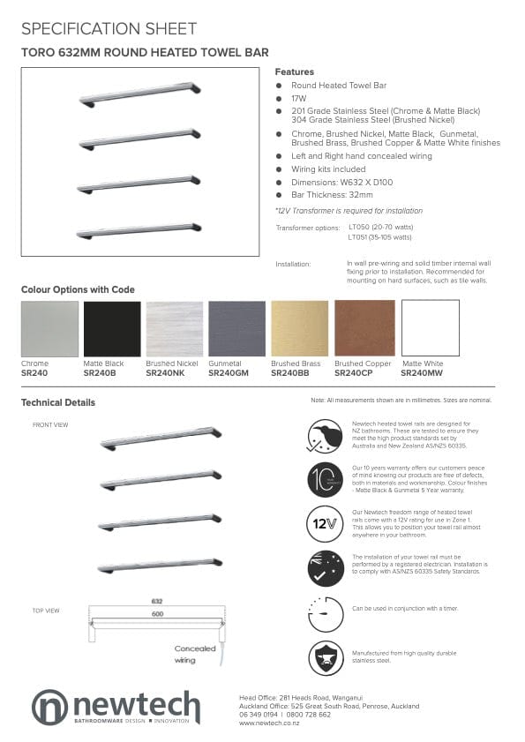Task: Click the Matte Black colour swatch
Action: coord(112,328)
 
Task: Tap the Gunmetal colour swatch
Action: coord(236,328)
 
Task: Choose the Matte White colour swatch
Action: coord(431,328)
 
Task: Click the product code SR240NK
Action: coord(165,373)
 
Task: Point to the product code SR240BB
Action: coord(290,373)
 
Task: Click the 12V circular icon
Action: coord(326,523)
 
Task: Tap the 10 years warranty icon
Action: coord(326,479)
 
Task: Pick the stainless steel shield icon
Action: coord(326,658)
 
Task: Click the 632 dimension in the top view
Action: coord(157,601)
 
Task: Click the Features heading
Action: coord(294,71)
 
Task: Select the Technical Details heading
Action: coord(58,402)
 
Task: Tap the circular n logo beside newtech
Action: coord(49,707)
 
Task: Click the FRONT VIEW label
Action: coord(50,424)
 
